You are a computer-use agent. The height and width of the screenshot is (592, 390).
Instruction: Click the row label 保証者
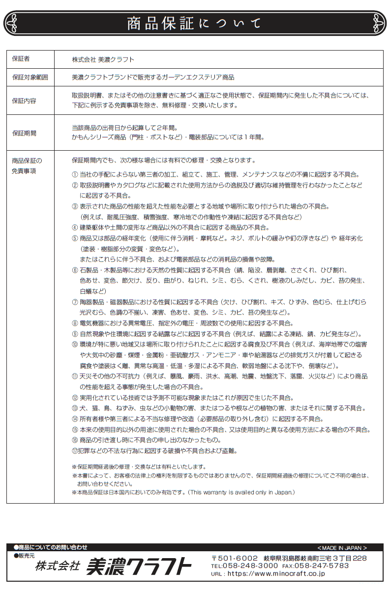[21, 59]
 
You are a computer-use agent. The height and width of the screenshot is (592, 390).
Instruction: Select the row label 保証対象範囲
[30, 77]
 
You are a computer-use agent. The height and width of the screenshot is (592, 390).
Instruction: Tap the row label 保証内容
[24, 101]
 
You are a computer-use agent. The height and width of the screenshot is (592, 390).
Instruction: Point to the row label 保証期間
[24, 133]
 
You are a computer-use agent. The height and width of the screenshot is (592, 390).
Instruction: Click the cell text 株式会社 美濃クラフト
[103, 59]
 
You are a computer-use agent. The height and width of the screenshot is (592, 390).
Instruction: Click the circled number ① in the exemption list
[75, 174]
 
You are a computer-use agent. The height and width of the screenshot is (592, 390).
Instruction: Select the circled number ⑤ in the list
[75, 238]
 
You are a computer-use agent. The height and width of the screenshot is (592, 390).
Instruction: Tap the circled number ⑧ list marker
[75, 323]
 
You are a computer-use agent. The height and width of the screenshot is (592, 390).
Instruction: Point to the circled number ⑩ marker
[75, 344]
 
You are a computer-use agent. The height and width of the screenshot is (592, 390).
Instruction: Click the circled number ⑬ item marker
[75, 408]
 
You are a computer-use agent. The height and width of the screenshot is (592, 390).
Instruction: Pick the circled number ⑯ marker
[75, 440]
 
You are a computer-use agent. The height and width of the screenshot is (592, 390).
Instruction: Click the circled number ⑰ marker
[75, 451]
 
